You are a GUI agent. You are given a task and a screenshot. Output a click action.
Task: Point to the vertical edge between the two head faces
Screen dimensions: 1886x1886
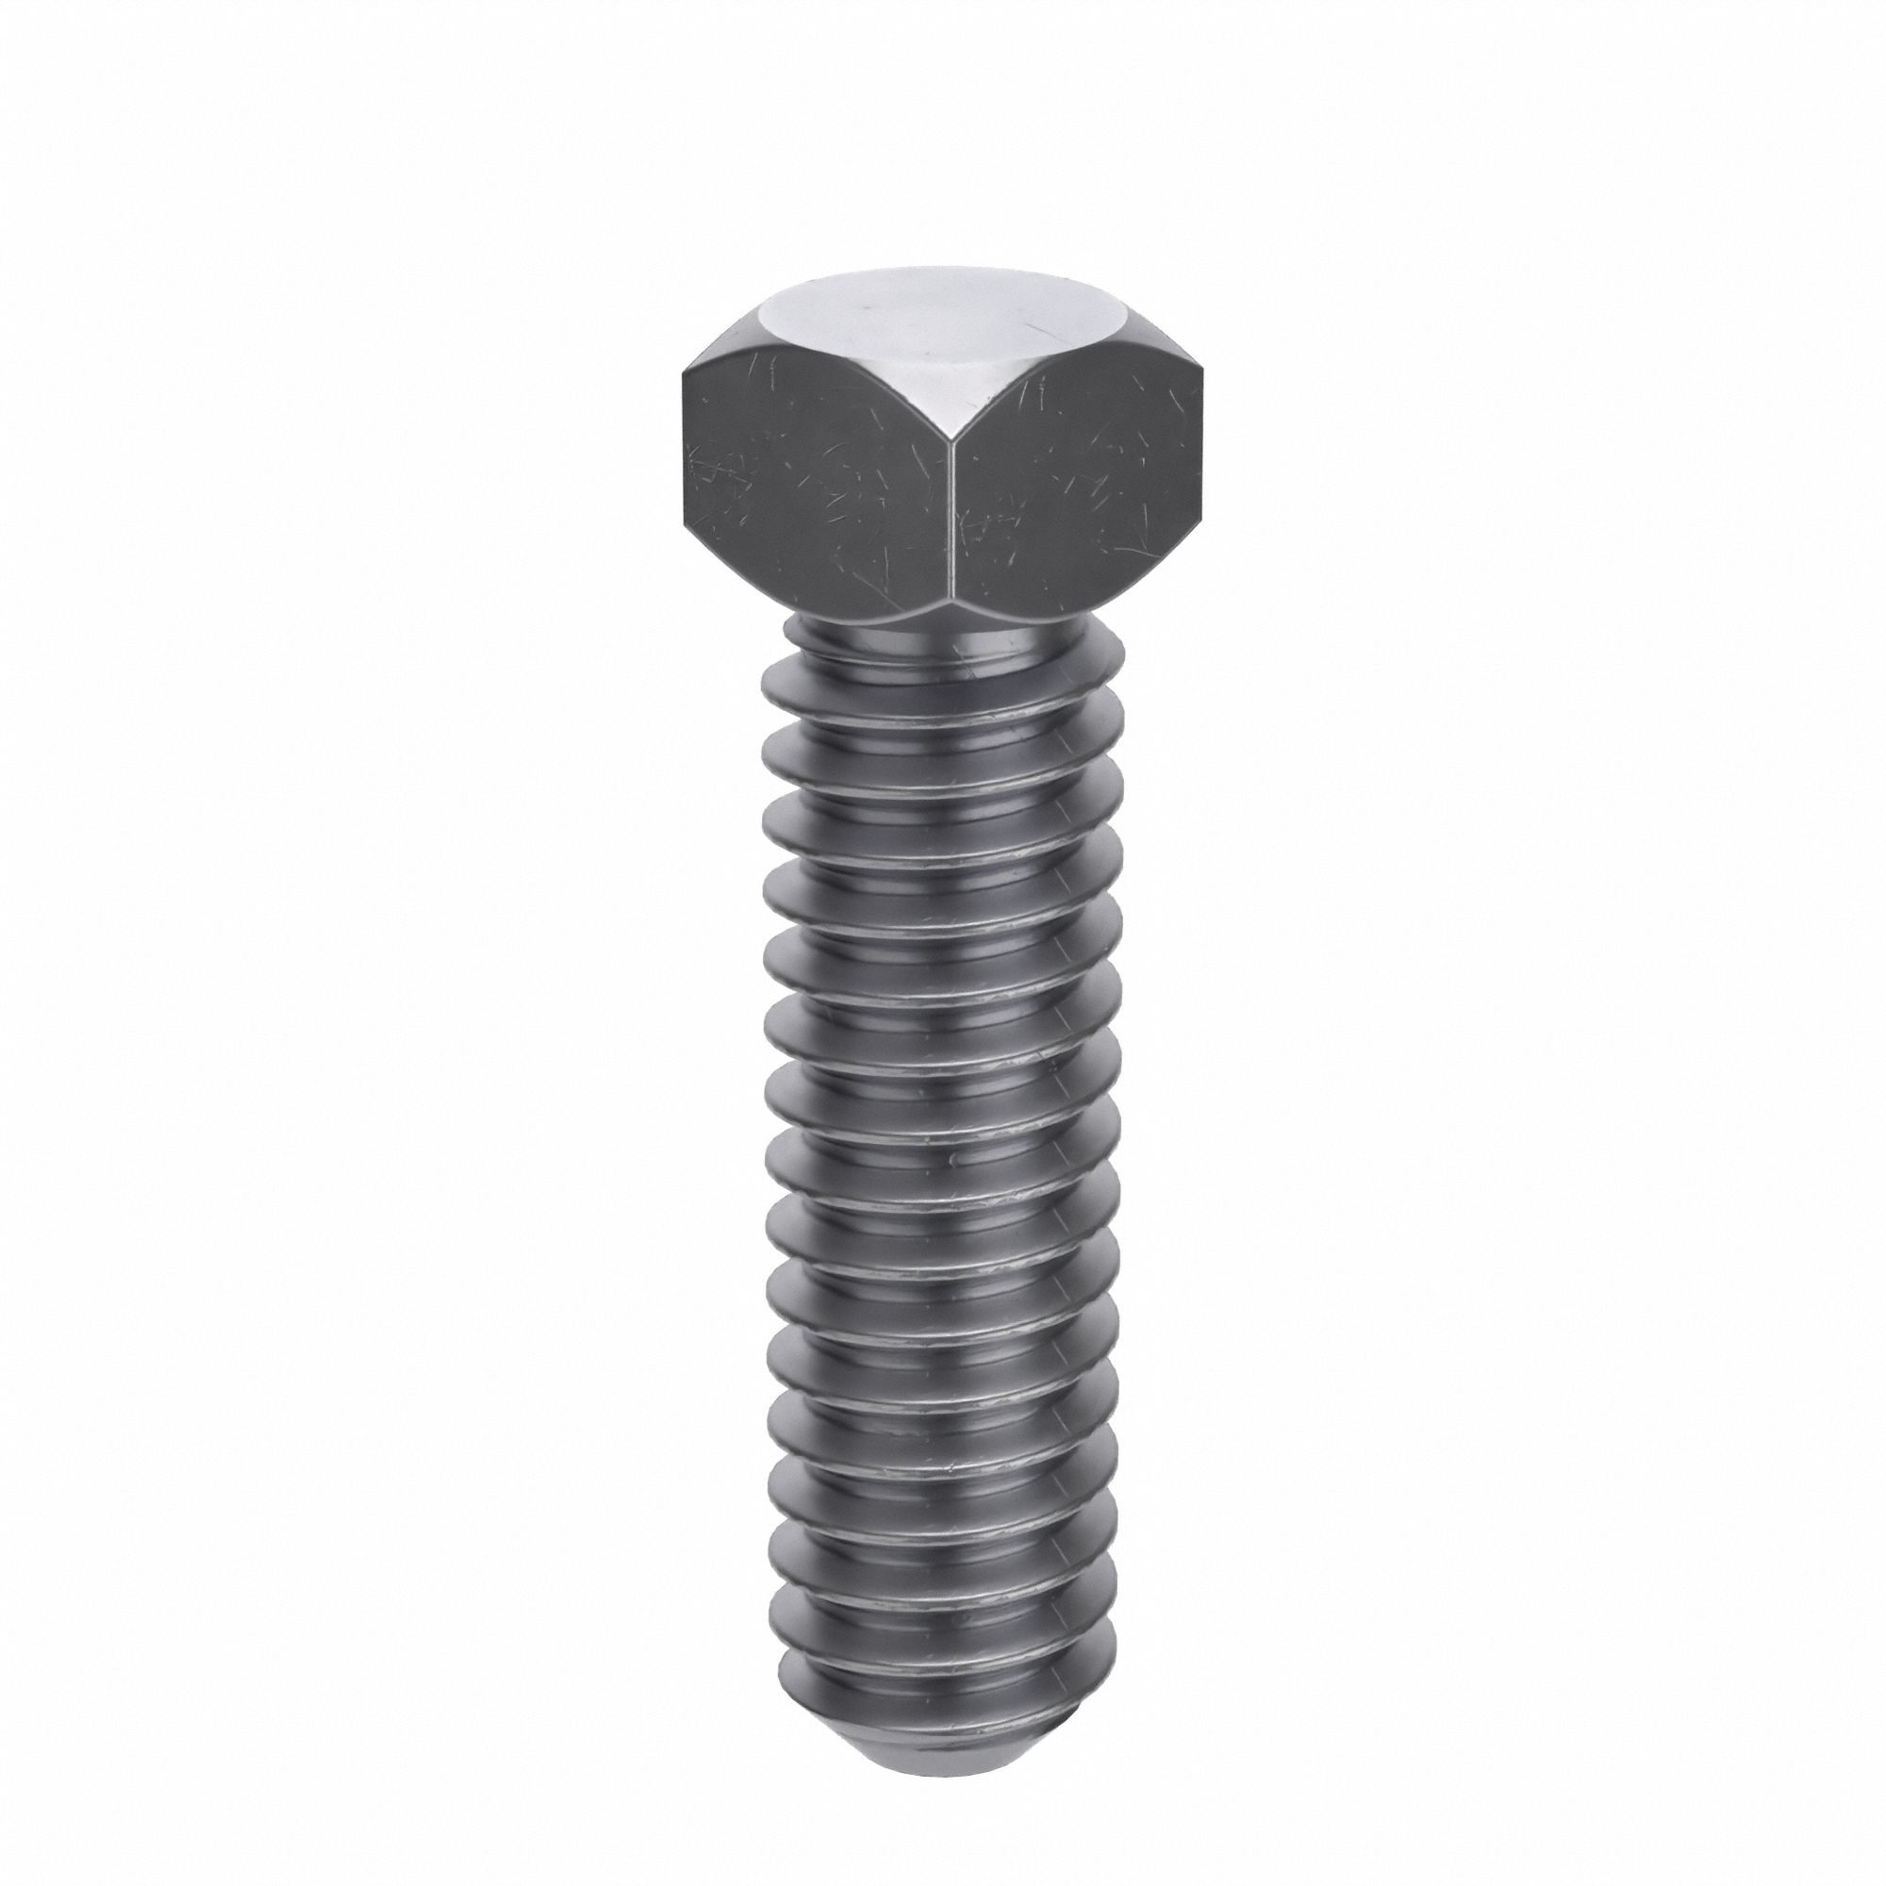(x=951, y=507)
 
